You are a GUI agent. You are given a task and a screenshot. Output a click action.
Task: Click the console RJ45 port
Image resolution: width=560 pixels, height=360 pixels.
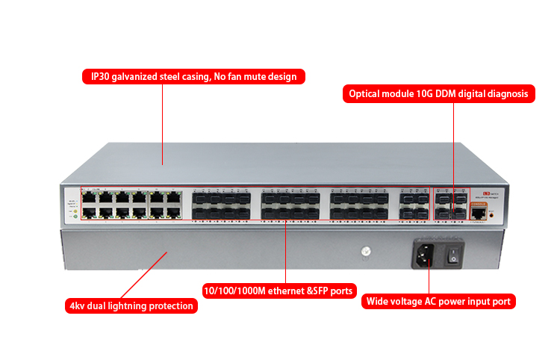[476, 214]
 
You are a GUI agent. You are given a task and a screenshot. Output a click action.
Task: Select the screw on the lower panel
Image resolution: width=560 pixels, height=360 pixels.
[366, 252]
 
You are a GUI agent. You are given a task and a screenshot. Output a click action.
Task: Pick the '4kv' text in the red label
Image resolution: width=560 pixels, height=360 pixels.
[77, 305]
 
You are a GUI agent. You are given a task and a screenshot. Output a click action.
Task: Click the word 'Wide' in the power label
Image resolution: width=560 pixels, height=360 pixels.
[380, 302]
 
